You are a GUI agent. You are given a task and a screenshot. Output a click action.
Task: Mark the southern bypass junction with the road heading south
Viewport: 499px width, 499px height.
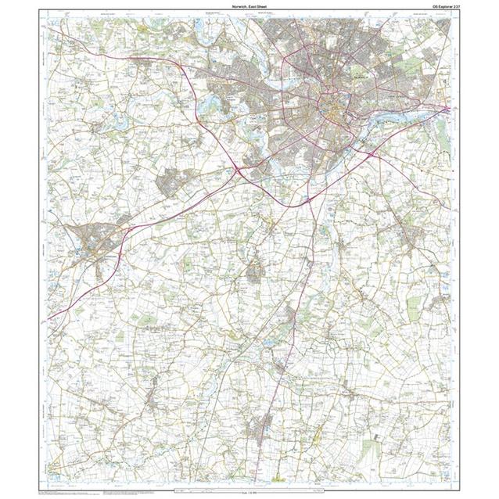pyautogui.click(x=310, y=200)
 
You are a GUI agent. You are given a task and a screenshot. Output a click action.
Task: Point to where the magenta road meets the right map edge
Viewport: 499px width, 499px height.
pyautogui.click(x=449, y=109)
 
